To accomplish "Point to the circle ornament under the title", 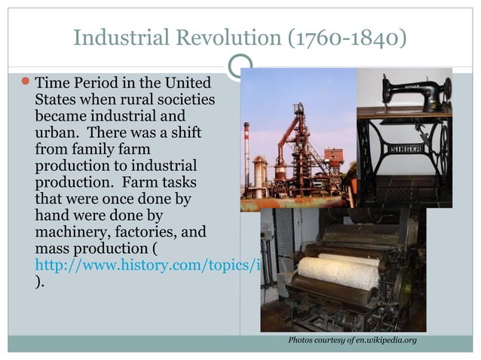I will point(240,67).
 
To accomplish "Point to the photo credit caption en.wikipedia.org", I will point(352,341).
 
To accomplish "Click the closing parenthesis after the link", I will point(39,282).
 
